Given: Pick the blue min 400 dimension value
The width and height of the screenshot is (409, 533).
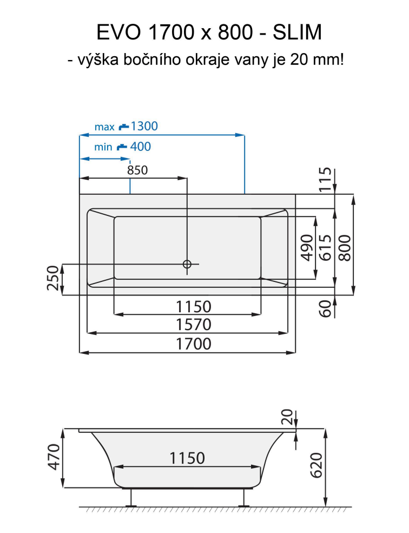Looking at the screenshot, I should [141, 146].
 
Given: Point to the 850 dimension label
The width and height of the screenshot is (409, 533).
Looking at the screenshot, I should [137, 170].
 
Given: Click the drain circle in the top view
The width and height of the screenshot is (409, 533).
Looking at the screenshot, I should [187, 264].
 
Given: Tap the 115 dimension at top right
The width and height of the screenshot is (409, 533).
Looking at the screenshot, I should [324, 180].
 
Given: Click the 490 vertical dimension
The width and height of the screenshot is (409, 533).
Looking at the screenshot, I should [307, 248].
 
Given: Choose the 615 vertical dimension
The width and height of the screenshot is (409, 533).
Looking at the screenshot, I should [325, 248].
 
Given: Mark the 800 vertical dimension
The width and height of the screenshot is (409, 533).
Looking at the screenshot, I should [345, 248].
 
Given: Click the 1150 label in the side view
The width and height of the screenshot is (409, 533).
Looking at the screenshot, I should [187, 458].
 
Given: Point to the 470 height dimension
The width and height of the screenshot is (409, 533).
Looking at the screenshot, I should [53, 457].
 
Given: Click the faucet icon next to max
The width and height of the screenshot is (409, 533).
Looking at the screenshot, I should [124, 127].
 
